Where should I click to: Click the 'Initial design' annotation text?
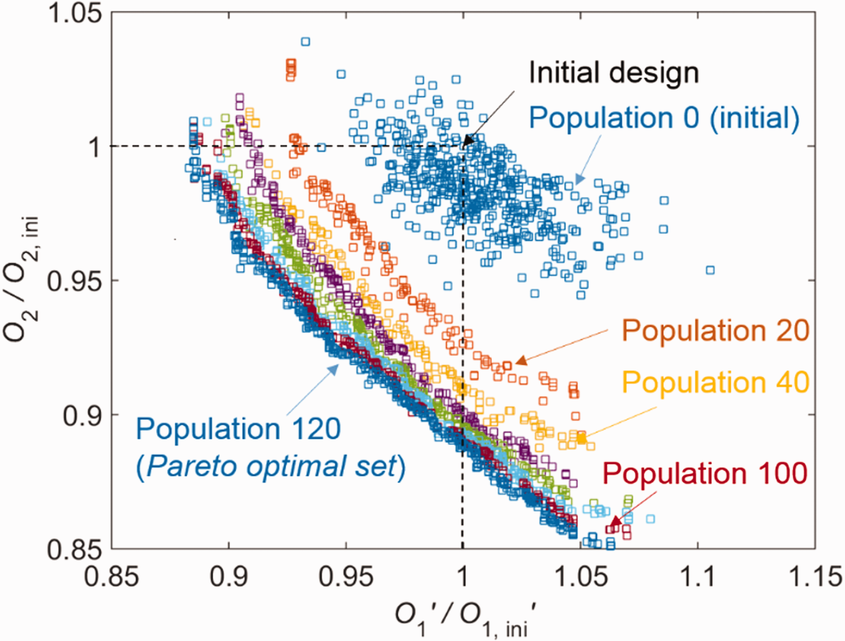pyautogui.click(x=613, y=73)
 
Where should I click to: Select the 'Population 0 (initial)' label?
pyautogui.click(x=664, y=119)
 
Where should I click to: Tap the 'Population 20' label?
pyautogui.click(x=716, y=330)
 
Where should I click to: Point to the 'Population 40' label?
pyautogui.click(x=716, y=382)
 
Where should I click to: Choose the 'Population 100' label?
pyautogui.click(x=705, y=473)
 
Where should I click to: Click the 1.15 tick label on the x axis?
pyautogui.click(x=815, y=576)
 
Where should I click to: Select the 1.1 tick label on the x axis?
pyautogui.click(x=698, y=576)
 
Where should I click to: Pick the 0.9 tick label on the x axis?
pyautogui.click(x=229, y=576)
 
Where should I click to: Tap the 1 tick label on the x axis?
pyautogui.click(x=463, y=576)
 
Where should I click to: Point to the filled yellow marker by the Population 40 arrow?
pyautogui.click(x=582, y=438)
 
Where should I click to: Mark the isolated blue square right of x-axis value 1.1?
pyautogui.click(x=710, y=270)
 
